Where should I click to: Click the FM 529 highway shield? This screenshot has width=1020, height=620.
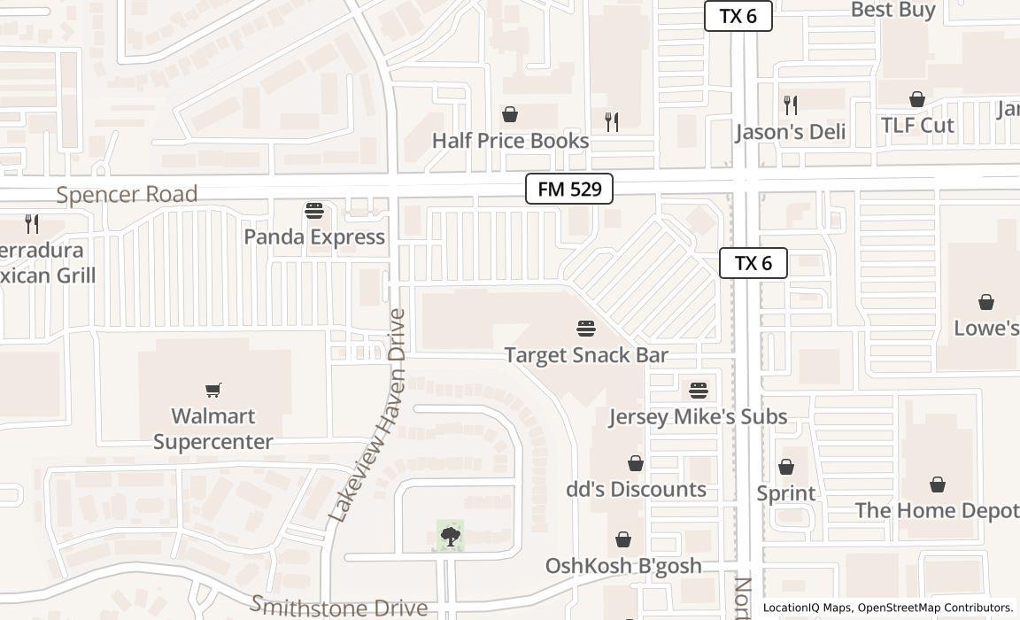(x=569, y=189)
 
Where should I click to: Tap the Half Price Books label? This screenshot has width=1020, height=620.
(x=510, y=141)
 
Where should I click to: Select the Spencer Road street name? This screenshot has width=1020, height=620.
(x=127, y=195)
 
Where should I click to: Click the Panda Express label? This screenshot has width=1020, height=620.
(x=314, y=236)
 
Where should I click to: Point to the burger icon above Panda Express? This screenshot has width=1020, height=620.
(x=314, y=211)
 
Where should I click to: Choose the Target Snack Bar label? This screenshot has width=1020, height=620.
(x=586, y=355)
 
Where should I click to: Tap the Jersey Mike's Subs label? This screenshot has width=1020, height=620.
(x=698, y=416)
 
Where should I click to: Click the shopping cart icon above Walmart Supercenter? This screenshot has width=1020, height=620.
(x=213, y=390)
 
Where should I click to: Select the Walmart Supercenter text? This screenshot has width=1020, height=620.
(x=213, y=429)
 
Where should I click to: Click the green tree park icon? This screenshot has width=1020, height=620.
(x=451, y=536)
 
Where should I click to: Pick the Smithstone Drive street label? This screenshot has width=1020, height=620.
(x=339, y=607)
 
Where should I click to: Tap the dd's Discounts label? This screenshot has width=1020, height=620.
(x=636, y=489)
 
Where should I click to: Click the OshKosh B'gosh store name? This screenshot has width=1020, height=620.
(x=623, y=565)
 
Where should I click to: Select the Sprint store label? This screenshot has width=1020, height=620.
(x=786, y=492)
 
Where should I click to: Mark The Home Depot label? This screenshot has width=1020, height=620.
(x=936, y=510)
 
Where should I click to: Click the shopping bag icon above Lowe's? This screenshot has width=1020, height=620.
(x=985, y=302)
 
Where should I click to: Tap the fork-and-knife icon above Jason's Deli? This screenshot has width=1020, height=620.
(x=791, y=105)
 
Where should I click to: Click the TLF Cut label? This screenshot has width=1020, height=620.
(x=917, y=125)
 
